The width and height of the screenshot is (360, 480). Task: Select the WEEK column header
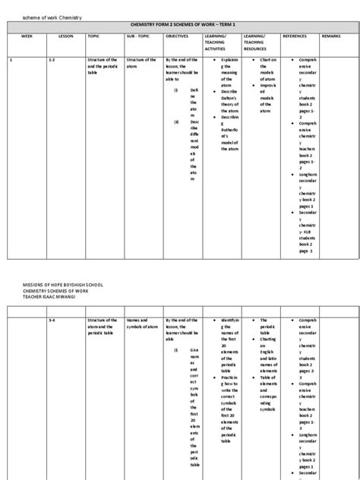tap(27, 36)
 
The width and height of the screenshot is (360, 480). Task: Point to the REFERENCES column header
tap(295, 36)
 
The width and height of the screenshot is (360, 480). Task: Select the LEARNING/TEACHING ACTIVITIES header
tap(219, 44)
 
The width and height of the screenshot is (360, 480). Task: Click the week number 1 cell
tap(10, 58)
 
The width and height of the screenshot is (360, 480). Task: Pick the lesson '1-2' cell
tap(52, 58)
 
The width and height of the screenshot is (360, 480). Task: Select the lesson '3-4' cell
tap(52, 321)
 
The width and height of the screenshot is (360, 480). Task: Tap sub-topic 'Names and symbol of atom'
tap(141, 324)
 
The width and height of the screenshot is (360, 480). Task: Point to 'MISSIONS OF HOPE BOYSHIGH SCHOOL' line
tap(59, 284)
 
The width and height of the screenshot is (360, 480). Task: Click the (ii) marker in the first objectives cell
tap(175, 122)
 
